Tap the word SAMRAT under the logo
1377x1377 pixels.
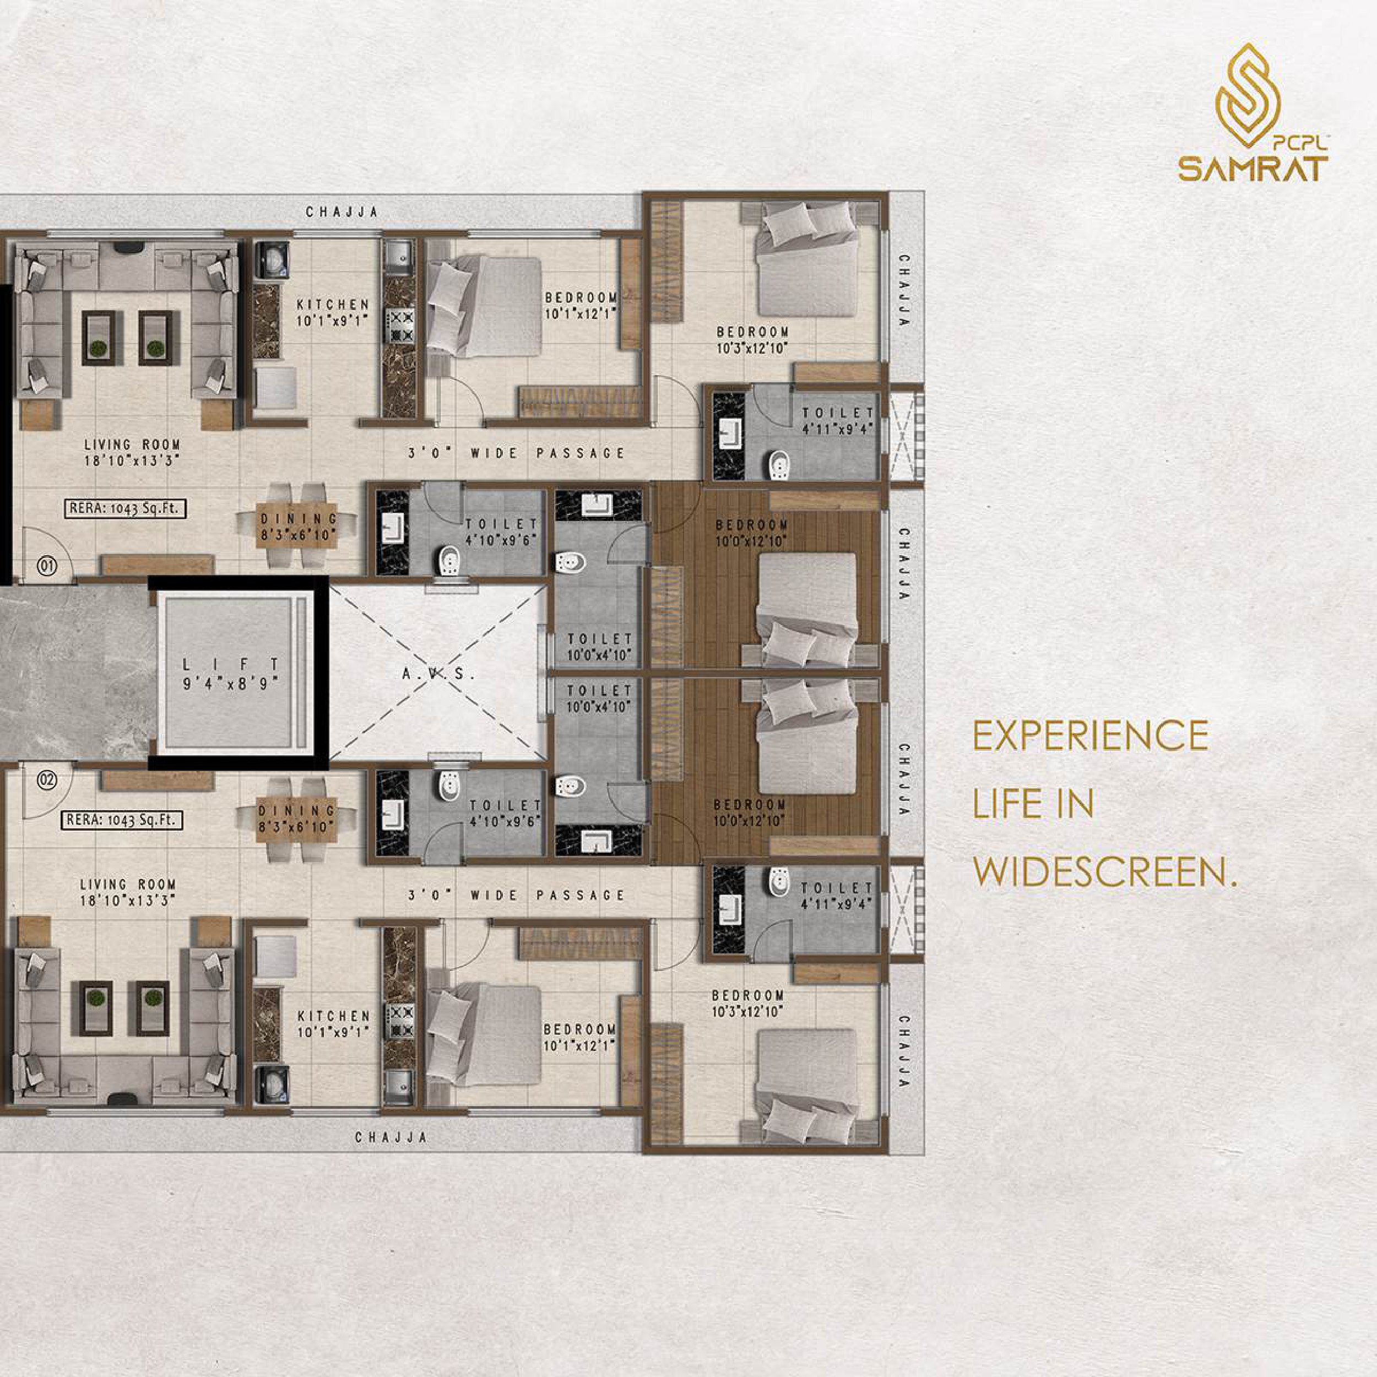pyautogui.click(x=1253, y=170)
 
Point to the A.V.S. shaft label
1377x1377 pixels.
pyautogui.click(x=438, y=673)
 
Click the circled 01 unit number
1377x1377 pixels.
pyautogui.click(x=48, y=567)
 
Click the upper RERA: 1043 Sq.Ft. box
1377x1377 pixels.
pyautogui.click(x=127, y=509)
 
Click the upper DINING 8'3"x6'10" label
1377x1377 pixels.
pyautogui.click(x=298, y=527)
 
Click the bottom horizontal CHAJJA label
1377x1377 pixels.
pyautogui.click(x=391, y=1137)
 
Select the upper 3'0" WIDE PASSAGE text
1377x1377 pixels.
pyautogui.click(x=517, y=453)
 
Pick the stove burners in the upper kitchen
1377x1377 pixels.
pyautogui.click(x=400, y=325)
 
